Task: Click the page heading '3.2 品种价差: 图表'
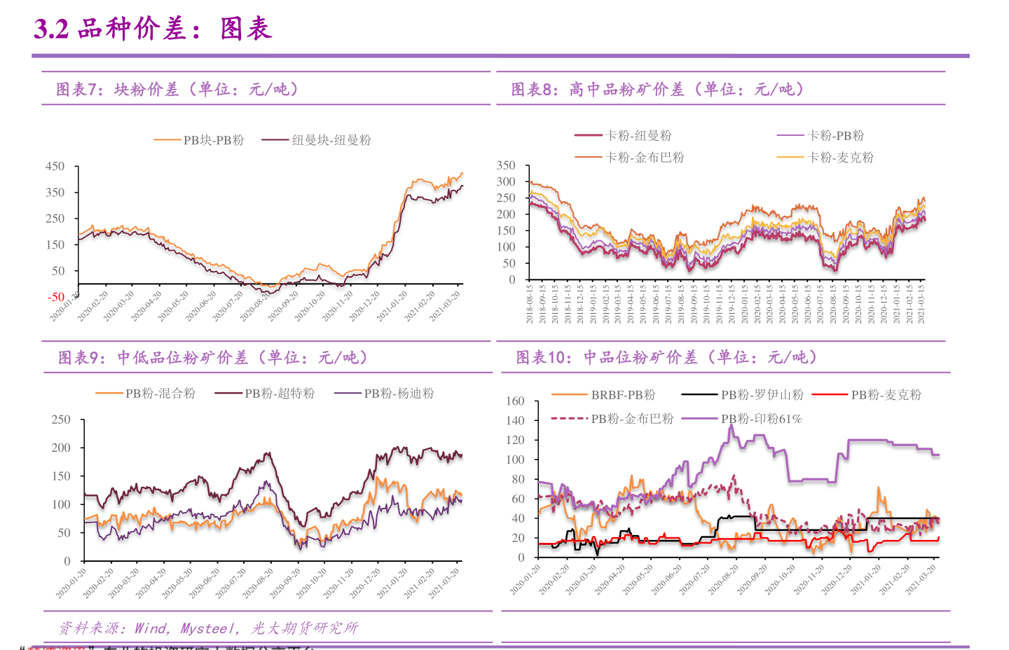pos(152,29)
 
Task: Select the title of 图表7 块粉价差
pos(178,89)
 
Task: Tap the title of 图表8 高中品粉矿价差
pos(657,89)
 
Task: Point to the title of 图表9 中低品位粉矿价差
pos(213,358)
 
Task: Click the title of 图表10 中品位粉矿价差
pos(666,357)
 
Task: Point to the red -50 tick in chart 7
pos(56,297)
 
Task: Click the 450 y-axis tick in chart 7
pos(55,166)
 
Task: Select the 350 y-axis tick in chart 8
pos(506,165)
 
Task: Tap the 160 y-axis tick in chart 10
pos(515,401)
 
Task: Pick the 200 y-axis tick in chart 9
pos(61,448)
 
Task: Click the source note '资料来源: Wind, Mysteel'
pos(208,628)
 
